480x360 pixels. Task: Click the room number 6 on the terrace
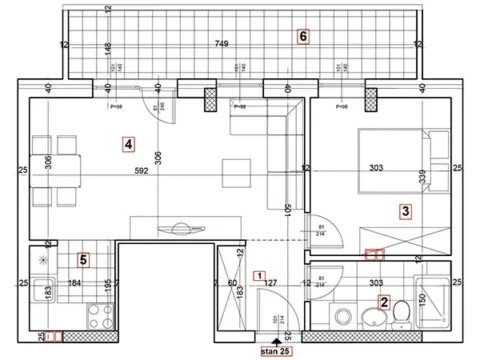click(x=303, y=37)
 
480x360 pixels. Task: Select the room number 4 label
click(x=128, y=144)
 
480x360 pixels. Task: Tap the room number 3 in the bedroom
click(x=404, y=211)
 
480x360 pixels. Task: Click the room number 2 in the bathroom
click(x=384, y=301)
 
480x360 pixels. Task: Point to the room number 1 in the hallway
click(x=260, y=277)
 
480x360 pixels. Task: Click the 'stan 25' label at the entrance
click(x=276, y=351)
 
